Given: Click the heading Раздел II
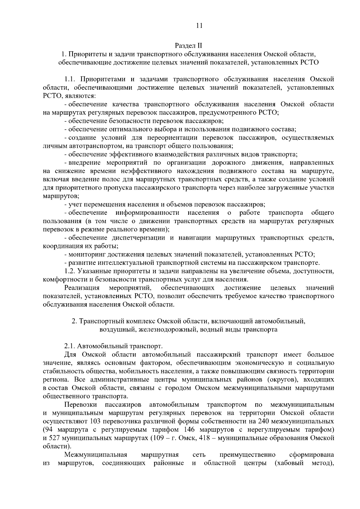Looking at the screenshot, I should (x=189, y=46).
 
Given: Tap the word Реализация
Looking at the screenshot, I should (x=82, y=288).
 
